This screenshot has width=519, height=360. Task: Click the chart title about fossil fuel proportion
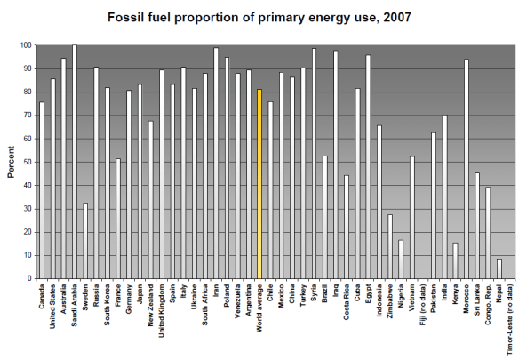tap(259, 17)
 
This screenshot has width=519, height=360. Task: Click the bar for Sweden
tap(85, 240)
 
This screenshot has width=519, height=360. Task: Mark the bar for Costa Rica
tap(347, 227)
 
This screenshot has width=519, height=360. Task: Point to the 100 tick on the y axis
tap(27, 45)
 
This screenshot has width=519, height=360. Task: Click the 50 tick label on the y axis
tap(28, 162)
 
